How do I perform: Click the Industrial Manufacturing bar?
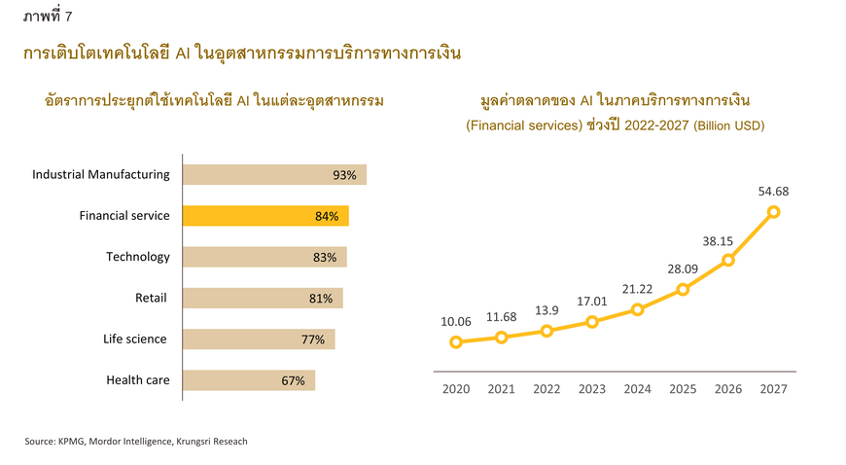tap(274, 175)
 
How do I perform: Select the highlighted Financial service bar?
tap(264, 216)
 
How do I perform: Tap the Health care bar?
tap(248, 380)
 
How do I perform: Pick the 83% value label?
tap(325, 258)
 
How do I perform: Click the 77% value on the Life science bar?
tap(312, 340)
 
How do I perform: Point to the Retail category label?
tap(152, 298)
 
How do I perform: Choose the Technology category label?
tap(138, 257)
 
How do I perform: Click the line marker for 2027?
tap(774, 211)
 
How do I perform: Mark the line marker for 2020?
tap(456, 341)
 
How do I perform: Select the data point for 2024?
tap(638, 309)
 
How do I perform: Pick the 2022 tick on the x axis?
tap(546, 389)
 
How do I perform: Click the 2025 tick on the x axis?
tap(683, 389)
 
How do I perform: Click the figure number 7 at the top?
tap(68, 15)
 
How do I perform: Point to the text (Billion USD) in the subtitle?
tap(729, 125)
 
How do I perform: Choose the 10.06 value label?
tap(456, 320)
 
